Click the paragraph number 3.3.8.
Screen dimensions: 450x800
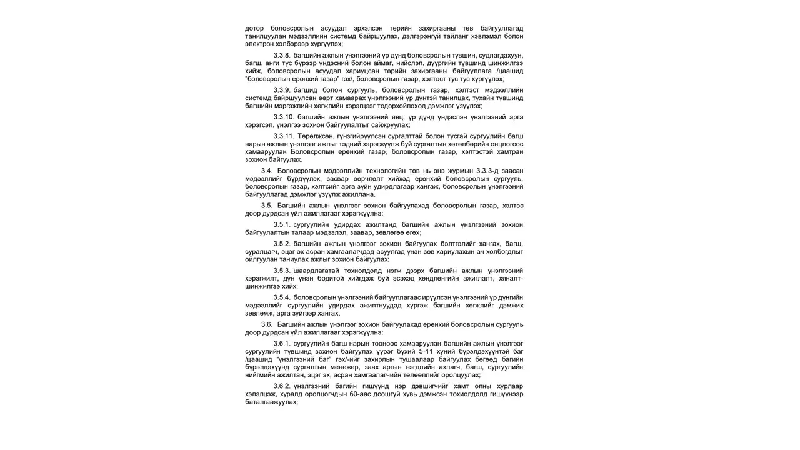282,56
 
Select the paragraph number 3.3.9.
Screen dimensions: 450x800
282,90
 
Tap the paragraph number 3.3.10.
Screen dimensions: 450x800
284,117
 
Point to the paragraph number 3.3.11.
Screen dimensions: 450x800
284,136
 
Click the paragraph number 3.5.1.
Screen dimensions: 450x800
282,224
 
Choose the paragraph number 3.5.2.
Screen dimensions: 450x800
282,244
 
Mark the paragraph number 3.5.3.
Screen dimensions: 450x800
282,271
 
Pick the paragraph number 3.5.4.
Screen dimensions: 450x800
282,297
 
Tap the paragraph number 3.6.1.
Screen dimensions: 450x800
282,344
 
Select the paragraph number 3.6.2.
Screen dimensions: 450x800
282,386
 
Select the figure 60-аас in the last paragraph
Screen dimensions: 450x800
364,394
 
